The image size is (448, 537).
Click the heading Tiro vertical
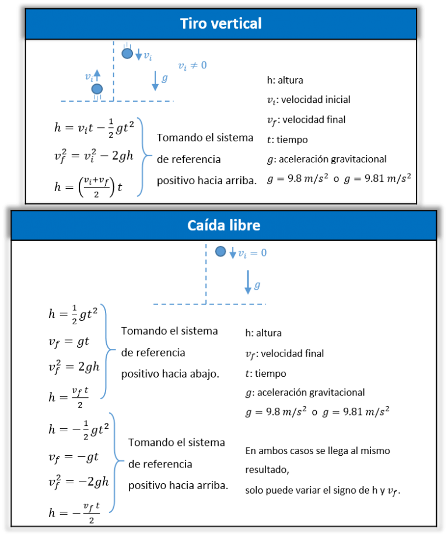(221, 23)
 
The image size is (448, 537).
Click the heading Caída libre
(223, 226)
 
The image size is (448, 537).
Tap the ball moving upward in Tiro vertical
(97, 89)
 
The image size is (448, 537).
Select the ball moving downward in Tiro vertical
(127, 53)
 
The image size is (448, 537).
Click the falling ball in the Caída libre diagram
(220, 252)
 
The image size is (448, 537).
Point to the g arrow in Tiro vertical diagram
(155, 81)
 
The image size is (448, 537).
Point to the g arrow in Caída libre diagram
(248, 282)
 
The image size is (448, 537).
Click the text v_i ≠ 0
(192, 65)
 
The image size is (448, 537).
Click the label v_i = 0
(253, 253)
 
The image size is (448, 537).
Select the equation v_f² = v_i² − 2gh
(94, 156)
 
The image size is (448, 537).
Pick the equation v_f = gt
(69, 341)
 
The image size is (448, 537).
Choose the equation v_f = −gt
(73, 457)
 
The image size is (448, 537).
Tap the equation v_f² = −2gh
(79, 481)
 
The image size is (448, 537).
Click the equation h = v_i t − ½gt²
(94, 128)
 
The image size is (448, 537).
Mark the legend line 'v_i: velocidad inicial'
(309, 100)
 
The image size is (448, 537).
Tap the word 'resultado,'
(267, 470)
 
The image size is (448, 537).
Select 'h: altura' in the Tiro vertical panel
(285, 80)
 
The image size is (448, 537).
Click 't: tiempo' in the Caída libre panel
(266, 373)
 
